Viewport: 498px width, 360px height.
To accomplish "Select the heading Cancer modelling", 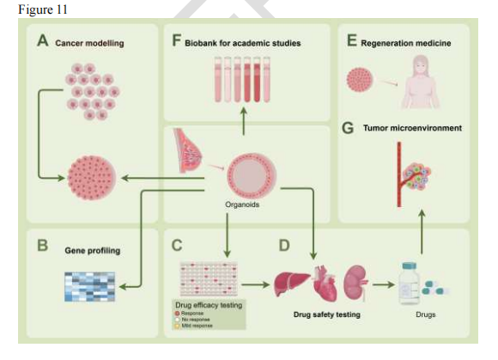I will click(89, 42).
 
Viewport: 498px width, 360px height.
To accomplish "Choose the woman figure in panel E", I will click(422, 82).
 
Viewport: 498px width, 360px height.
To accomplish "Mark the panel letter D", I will click(285, 245).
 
